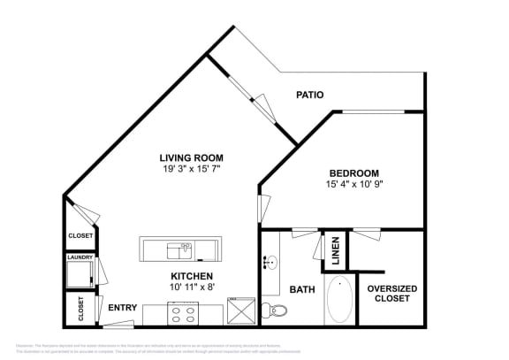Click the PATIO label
[308, 95]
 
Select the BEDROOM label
[353, 172]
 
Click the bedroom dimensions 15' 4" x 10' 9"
[353, 184]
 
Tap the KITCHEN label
[193, 276]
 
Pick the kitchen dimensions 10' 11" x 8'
[193, 287]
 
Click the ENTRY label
[122, 308]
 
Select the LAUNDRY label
[80, 257]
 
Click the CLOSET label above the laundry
[80, 236]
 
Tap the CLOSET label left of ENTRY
[80, 309]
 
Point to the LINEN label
[335, 252]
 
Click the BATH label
[302, 289]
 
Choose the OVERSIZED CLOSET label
[391, 294]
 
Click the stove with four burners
[186, 312]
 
